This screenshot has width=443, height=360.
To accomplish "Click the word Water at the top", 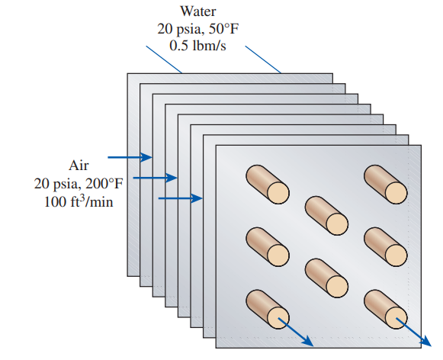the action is pyautogui.click(x=198, y=11).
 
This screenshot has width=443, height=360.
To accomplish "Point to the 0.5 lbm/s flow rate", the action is pyautogui.click(x=197, y=46).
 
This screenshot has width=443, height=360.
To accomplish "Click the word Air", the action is pyautogui.click(x=79, y=166).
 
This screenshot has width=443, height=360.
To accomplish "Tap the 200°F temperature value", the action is pyautogui.click(x=104, y=184).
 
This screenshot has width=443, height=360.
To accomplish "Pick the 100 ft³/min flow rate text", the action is pyautogui.click(x=79, y=201).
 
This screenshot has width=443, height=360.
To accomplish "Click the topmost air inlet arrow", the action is pyautogui.click(x=130, y=157).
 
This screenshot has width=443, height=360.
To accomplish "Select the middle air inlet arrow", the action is pyautogui.click(x=155, y=178).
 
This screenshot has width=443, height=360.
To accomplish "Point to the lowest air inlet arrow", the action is pyautogui.click(x=181, y=198).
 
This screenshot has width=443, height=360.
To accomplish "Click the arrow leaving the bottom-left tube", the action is pyautogui.click(x=296, y=332).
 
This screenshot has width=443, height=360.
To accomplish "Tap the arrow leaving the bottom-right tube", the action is pyautogui.click(x=414, y=332).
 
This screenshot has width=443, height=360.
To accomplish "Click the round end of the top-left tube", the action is pyautogui.click(x=278, y=193).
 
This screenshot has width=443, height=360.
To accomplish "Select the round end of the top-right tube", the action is pyautogui.click(x=396, y=193).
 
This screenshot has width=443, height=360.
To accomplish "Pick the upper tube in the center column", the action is pyautogui.click(x=326, y=215).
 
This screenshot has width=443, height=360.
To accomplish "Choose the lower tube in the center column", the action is pyautogui.click(x=326, y=278).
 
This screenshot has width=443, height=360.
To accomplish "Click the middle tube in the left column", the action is pyautogui.click(x=268, y=246).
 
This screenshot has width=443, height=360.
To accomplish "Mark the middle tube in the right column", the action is pyautogui.click(x=385, y=246).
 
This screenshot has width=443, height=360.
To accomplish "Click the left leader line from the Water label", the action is pyautogui.click(x=164, y=59).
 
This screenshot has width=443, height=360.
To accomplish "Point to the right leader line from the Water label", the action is pyautogui.click(x=263, y=59).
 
